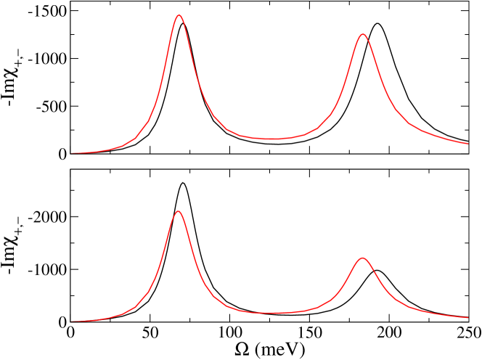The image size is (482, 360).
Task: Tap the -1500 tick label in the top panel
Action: click(x=42, y=11)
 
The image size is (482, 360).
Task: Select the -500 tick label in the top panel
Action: click(x=46, y=107)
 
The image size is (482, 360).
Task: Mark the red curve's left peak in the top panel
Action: click(x=179, y=15)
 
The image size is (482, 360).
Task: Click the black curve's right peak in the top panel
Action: click(x=377, y=24)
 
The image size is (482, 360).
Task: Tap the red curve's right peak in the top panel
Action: click(x=362, y=34)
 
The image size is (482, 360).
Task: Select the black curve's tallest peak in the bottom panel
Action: click(x=182, y=183)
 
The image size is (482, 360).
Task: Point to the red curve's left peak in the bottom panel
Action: click(x=178, y=211)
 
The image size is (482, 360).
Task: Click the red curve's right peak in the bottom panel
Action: click(x=362, y=258)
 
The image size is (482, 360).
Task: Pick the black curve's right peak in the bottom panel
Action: click(x=377, y=270)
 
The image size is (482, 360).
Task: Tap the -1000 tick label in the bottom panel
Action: click(x=42, y=269)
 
